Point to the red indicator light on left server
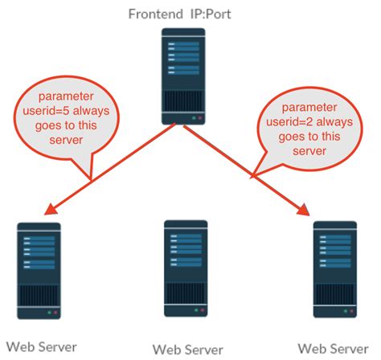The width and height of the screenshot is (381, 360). [x=58, y=312]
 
